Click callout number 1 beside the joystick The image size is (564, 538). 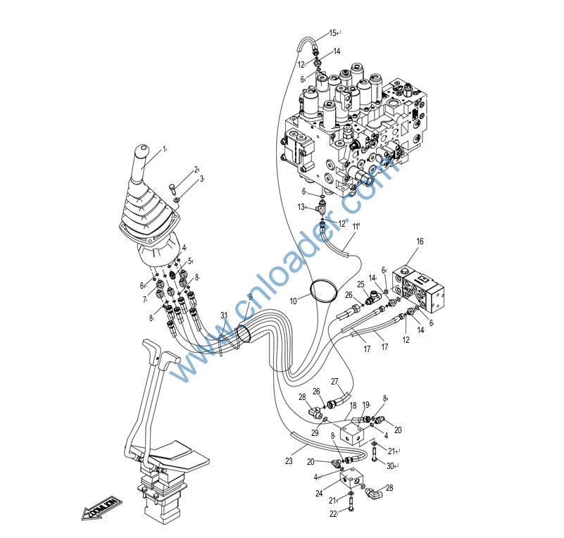click(x=164, y=149)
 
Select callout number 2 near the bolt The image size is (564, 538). click(x=196, y=169)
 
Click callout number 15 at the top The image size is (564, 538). click(x=333, y=33)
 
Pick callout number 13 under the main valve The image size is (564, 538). click(x=301, y=207)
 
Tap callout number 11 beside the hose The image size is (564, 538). click(x=356, y=226)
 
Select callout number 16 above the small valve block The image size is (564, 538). click(x=420, y=242)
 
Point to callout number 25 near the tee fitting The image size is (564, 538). click(x=361, y=284)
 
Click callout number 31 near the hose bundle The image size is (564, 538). click(x=223, y=315)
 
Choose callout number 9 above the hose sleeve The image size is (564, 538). click(x=249, y=297)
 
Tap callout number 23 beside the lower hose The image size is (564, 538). click(x=289, y=462)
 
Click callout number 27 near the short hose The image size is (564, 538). click(x=334, y=381)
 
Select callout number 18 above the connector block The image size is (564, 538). click(x=353, y=406)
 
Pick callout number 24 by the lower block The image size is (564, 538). click(x=319, y=493)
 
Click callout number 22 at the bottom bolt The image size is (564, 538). click(x=334, y=513)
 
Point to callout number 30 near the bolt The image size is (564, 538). click(x=390, y=465)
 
